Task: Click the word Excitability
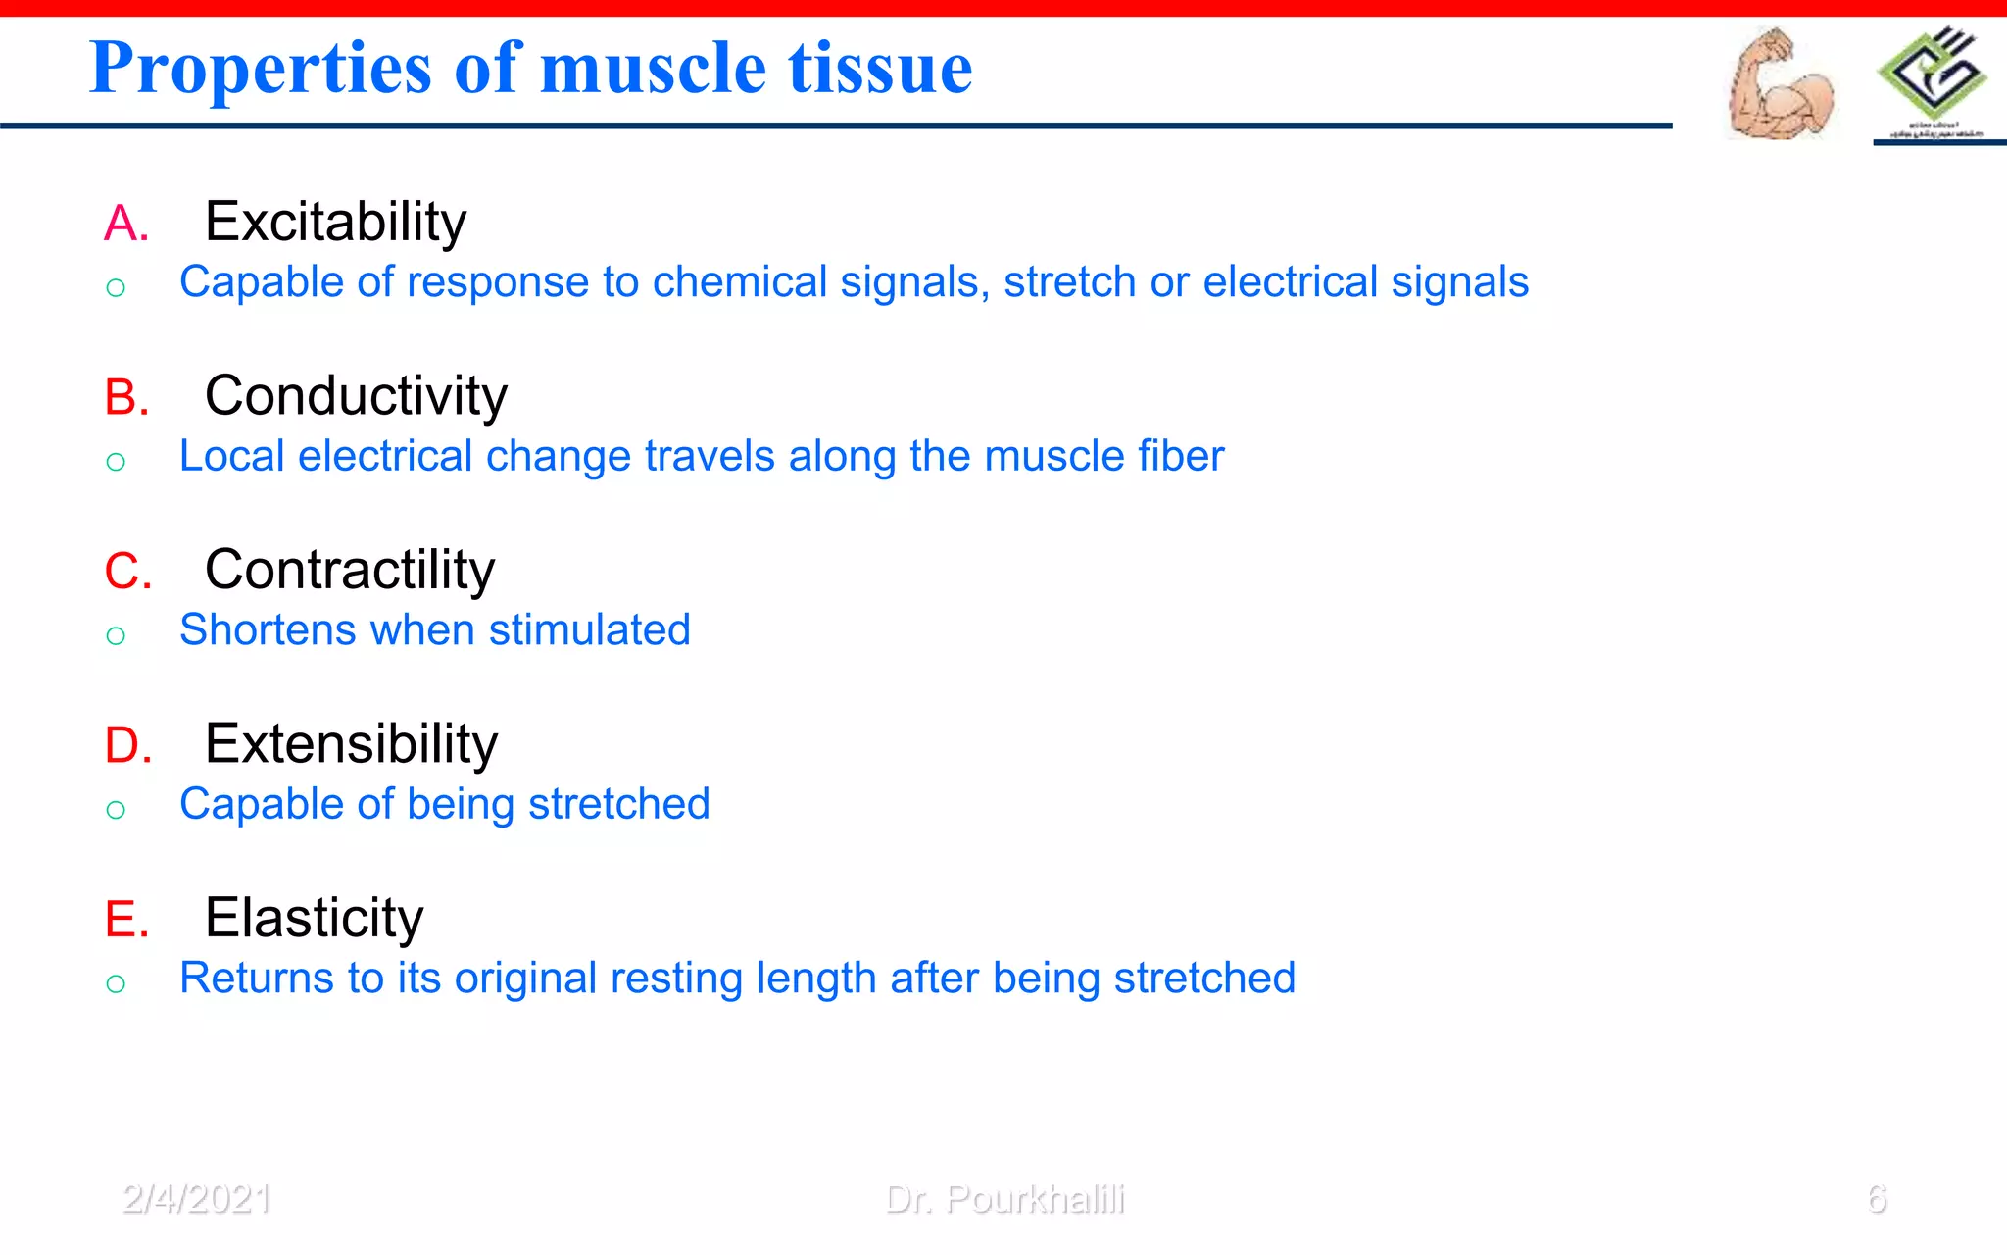[335, 223]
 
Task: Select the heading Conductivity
[356, 396]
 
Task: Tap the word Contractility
[350, 570]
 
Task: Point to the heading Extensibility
[351, 744]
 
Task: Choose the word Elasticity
[314, 919]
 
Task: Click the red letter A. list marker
[126, 224]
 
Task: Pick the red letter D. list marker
[128, 746]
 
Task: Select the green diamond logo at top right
[1932, 75]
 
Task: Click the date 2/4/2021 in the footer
[197, 1199]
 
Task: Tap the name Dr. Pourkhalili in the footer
[1004, 1199]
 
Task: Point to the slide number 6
[1876, 1199]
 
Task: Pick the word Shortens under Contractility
[268, 629]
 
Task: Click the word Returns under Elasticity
[256, 979]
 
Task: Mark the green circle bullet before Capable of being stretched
[116, 810]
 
